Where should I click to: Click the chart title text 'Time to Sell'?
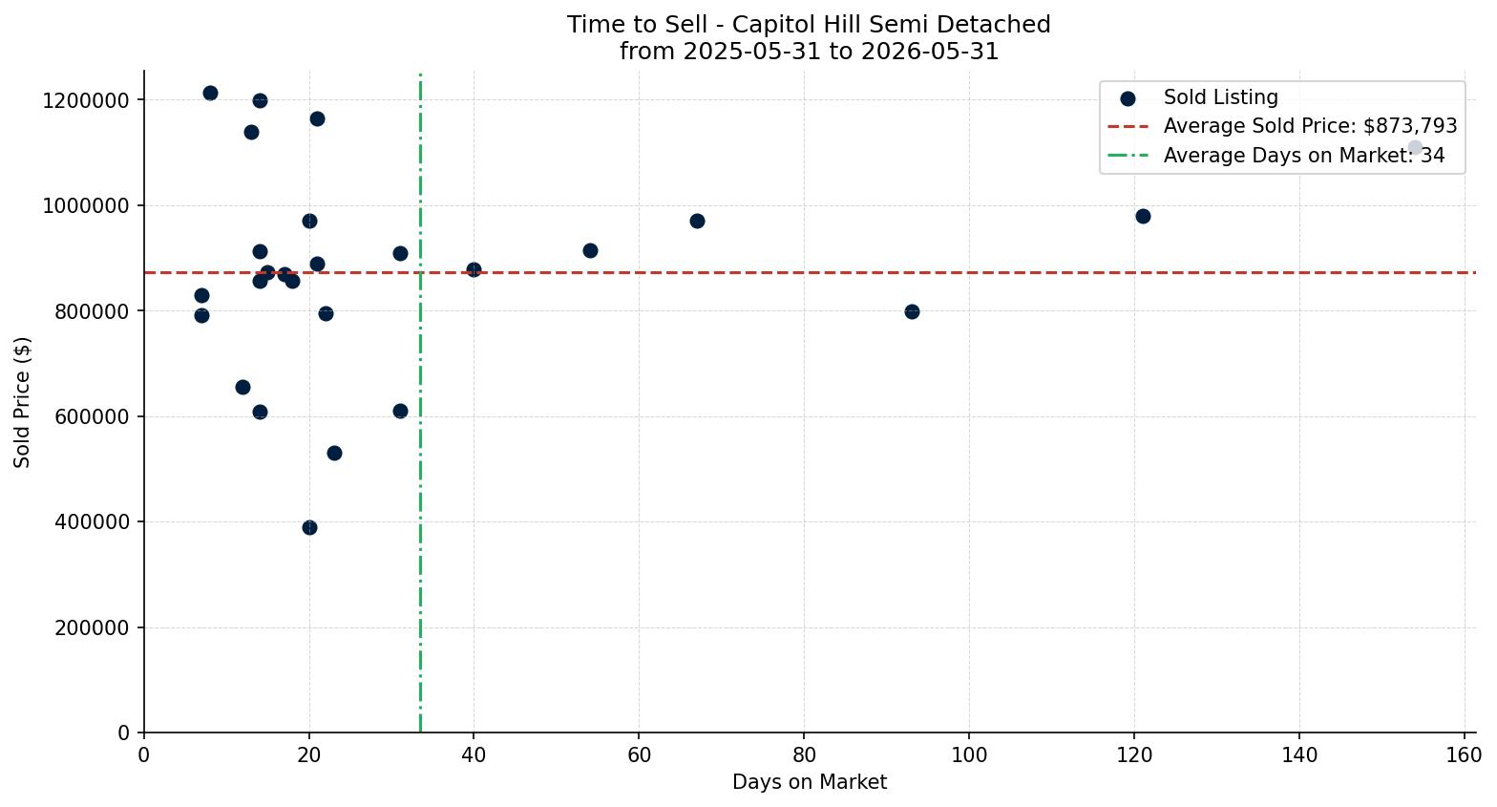click(x=636, y=25)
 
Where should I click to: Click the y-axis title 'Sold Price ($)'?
click(x=22, y=402)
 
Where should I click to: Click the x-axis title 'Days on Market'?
click(x=810, y=781)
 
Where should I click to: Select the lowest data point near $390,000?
click(x=309, y=527)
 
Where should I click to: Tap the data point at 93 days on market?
click(x=912, y=311)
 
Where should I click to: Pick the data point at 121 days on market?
click(x=1143, y=216)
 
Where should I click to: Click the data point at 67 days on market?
click(x=697, y=221)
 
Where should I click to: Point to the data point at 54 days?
click(x=590, y=251)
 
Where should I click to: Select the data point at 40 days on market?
click(x=474, y=269)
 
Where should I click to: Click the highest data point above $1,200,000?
click(x=210, y=93)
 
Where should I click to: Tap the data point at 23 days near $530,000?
click(x=334, y=454)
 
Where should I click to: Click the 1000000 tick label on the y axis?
click(x=86, y=206)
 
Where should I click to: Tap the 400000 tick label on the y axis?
click(x=92, y=522)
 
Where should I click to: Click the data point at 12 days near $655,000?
click(x=242, y=387)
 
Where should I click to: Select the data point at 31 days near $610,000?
click(x=400, y=412)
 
